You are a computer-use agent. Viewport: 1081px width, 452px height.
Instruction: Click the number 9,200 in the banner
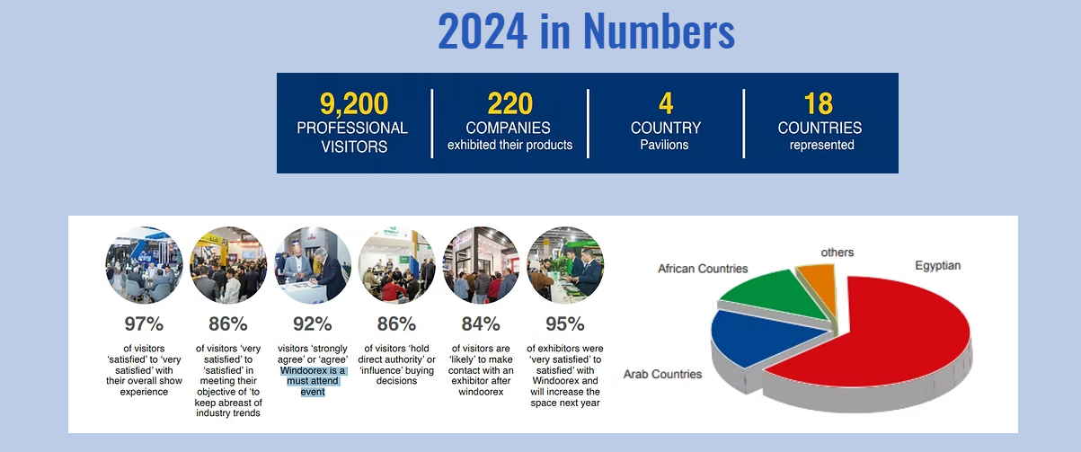354,103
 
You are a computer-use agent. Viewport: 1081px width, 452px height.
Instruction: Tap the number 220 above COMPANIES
510,103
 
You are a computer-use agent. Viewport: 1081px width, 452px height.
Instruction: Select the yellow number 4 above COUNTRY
666,103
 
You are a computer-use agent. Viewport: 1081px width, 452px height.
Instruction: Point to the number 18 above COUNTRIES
819,103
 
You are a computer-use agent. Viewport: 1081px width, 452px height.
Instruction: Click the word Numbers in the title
659,31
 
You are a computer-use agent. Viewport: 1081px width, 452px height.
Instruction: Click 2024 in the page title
483,31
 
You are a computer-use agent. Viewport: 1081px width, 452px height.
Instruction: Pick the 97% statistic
144,323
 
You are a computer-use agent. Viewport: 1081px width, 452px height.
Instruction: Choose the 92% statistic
312,323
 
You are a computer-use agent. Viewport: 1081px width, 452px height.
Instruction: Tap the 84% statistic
481,323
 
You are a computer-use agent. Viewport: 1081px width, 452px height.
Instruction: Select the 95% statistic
564,323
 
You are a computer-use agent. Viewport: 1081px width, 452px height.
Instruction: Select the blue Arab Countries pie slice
758,338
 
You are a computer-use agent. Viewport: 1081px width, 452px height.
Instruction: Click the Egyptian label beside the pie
937,266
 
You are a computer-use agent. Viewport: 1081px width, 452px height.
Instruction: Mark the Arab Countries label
662,375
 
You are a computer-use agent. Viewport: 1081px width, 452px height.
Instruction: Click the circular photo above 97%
144,265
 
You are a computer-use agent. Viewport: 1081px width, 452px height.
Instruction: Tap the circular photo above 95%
564,265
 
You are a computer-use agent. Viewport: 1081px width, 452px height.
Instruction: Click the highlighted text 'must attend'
312,381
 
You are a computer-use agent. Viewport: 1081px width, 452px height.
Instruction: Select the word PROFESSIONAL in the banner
352,128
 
